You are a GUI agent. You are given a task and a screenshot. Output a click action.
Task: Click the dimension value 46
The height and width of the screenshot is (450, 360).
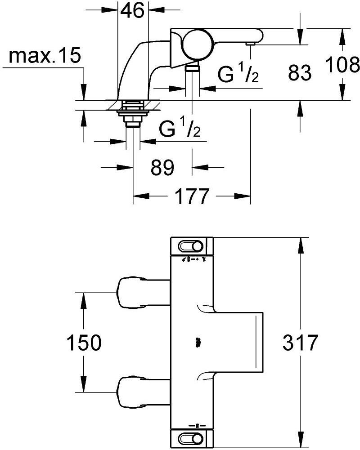132,12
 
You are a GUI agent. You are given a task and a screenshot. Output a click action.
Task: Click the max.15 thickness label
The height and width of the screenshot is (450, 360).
45,56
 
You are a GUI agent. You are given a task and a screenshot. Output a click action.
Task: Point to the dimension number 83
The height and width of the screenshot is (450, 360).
300,72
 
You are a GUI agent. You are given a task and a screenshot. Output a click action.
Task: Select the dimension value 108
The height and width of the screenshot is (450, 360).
342,65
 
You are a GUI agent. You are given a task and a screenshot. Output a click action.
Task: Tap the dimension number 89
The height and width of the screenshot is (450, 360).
162,168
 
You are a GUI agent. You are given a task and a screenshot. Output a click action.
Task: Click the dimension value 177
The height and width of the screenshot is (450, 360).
192,196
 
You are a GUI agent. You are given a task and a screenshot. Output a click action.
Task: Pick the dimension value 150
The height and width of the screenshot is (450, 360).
84,343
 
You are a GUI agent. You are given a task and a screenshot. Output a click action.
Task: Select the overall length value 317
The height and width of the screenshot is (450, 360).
301,343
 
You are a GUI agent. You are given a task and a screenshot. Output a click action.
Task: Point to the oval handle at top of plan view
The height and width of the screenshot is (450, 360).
191,246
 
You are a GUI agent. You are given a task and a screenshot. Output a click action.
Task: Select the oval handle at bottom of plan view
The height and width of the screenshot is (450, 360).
191,438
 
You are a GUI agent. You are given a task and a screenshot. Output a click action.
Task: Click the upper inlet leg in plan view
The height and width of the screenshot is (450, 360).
144,293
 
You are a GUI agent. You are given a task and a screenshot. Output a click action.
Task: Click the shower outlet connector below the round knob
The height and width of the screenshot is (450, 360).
192,68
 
